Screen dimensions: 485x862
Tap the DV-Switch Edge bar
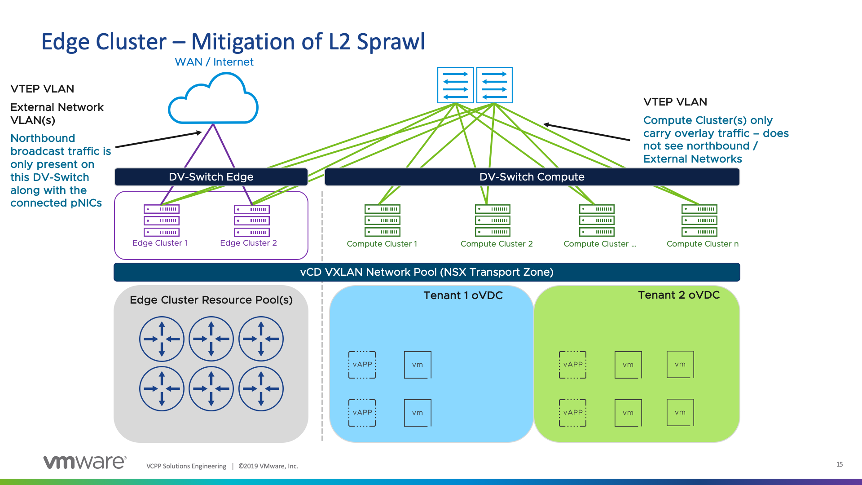pos(211,177)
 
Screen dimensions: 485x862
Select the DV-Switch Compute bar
pos(532,177)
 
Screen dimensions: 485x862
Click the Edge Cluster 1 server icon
pos(162,220)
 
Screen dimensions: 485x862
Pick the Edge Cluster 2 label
pos(248,243)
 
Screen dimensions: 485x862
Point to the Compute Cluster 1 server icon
pos(383,220)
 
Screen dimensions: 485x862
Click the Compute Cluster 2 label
pos(497,244)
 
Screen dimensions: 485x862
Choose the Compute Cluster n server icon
pos(699,220)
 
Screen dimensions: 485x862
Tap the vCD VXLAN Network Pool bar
pos(427,272)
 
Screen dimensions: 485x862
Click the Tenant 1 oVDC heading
pos(463,295)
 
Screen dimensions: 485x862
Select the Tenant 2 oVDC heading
pos(678,295)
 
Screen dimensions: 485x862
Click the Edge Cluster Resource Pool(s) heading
pos(211,300)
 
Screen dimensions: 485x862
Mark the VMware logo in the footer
pos(85,462)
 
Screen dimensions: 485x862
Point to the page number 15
pos(840,464)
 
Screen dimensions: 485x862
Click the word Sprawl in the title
pos(391,42)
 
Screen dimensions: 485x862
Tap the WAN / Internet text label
pos(214,62)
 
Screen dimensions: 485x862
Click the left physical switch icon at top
pos(455,85)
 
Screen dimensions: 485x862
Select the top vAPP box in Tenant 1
pos(362,365)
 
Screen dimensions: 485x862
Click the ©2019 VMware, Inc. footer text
pos(268,466)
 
